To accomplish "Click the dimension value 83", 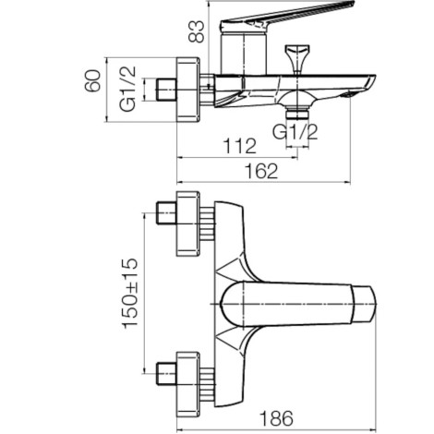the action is pos(196,31).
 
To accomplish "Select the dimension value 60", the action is pos(92,81).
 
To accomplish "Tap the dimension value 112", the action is pos(239,146).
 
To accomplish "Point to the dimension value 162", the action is pos(261,171).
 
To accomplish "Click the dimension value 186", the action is pos(276,418).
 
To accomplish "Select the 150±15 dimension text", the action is pos(130,294).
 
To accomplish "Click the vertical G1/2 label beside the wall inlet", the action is pos(127,89).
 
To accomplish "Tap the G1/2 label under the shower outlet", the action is pos(295,132).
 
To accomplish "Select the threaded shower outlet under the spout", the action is pos(297,113).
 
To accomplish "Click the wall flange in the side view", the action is pos(188,90).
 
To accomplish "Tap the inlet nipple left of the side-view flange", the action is pos(166,90).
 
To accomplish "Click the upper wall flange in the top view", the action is pos(188,223).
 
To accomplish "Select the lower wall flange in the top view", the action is pos(188,385).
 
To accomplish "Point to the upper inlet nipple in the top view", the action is pos(166,212).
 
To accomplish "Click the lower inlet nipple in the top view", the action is pos(166,374).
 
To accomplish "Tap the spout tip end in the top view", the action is pos(365,304).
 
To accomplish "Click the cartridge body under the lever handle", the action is pos(244,53).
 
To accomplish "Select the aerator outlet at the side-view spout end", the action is pos(348,95).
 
